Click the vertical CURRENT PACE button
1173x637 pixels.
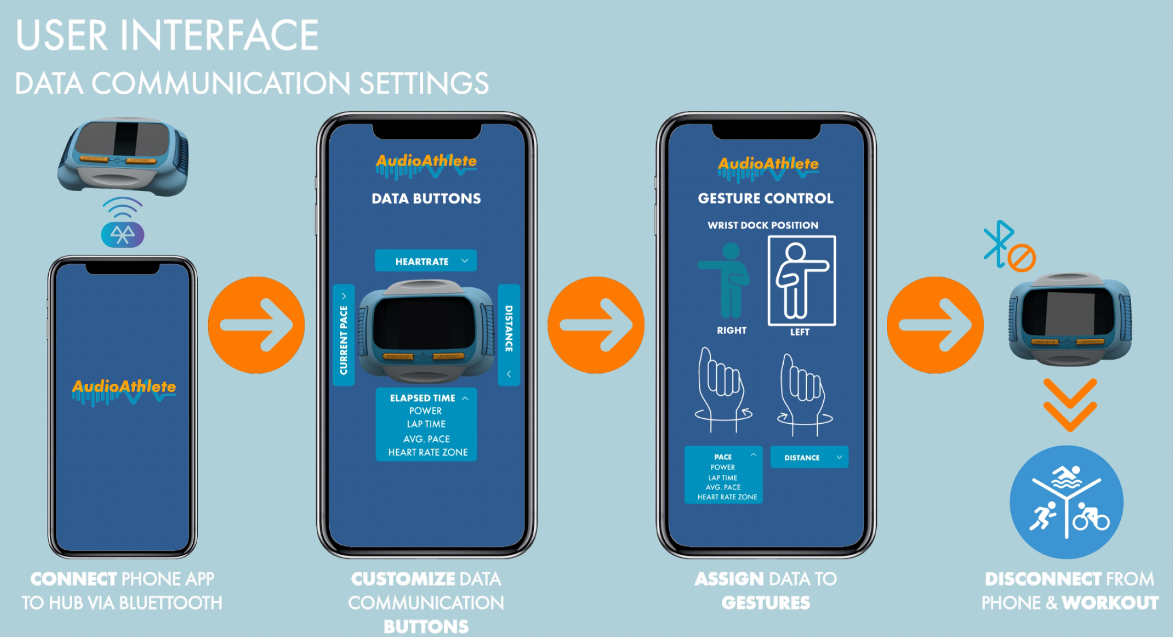tap(343, 336)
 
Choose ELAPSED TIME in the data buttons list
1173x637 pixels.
tap(423, 398)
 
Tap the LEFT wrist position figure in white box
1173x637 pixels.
tap(801, 281)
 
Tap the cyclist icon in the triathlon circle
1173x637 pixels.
tap(1090, 516)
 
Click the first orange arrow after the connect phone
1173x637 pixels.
tap(256, 325)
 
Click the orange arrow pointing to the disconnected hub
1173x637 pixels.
tap(935, 325)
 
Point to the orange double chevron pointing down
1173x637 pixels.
tap(1070, 405)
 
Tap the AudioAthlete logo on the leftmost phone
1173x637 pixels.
tap(124, 389)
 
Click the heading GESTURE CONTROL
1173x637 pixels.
tap(766, 198)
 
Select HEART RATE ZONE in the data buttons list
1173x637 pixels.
tap(428, 452)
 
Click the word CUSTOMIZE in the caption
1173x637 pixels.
tap(402, 579)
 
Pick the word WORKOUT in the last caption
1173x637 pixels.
tap(1110, 602)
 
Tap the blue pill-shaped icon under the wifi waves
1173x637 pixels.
tap(122, 234)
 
